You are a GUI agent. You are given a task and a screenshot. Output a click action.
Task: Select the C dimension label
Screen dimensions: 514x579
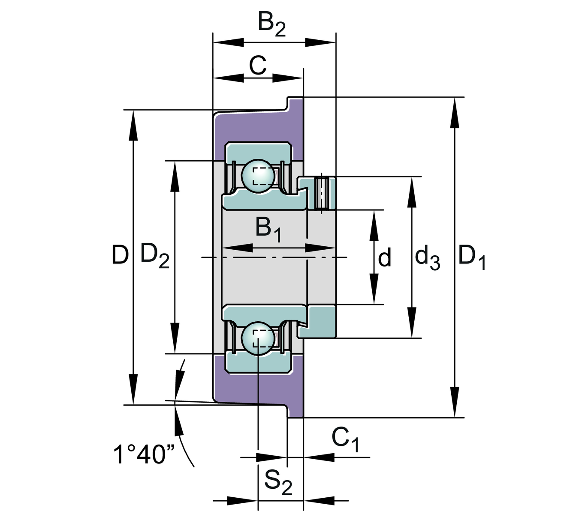pyautogui.click(x=258, y=66)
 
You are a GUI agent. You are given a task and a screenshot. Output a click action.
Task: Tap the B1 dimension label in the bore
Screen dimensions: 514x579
pyautogui.click(x=268, y=229)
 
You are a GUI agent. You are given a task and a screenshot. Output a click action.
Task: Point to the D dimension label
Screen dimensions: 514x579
pyautogui.click(x=120, y=255)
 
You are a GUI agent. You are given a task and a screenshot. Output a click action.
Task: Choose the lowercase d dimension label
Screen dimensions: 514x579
pyautogui.click(x=385, y=258)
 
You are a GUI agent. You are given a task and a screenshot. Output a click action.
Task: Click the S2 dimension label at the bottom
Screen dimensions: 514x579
pyautogui.click(x=278, y=481)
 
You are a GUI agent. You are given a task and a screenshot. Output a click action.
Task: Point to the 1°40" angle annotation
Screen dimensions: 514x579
pyautogui.click(x=139, y=455)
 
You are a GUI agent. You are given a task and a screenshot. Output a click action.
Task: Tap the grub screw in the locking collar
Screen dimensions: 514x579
pyautogui.click(x=322, y=193)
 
